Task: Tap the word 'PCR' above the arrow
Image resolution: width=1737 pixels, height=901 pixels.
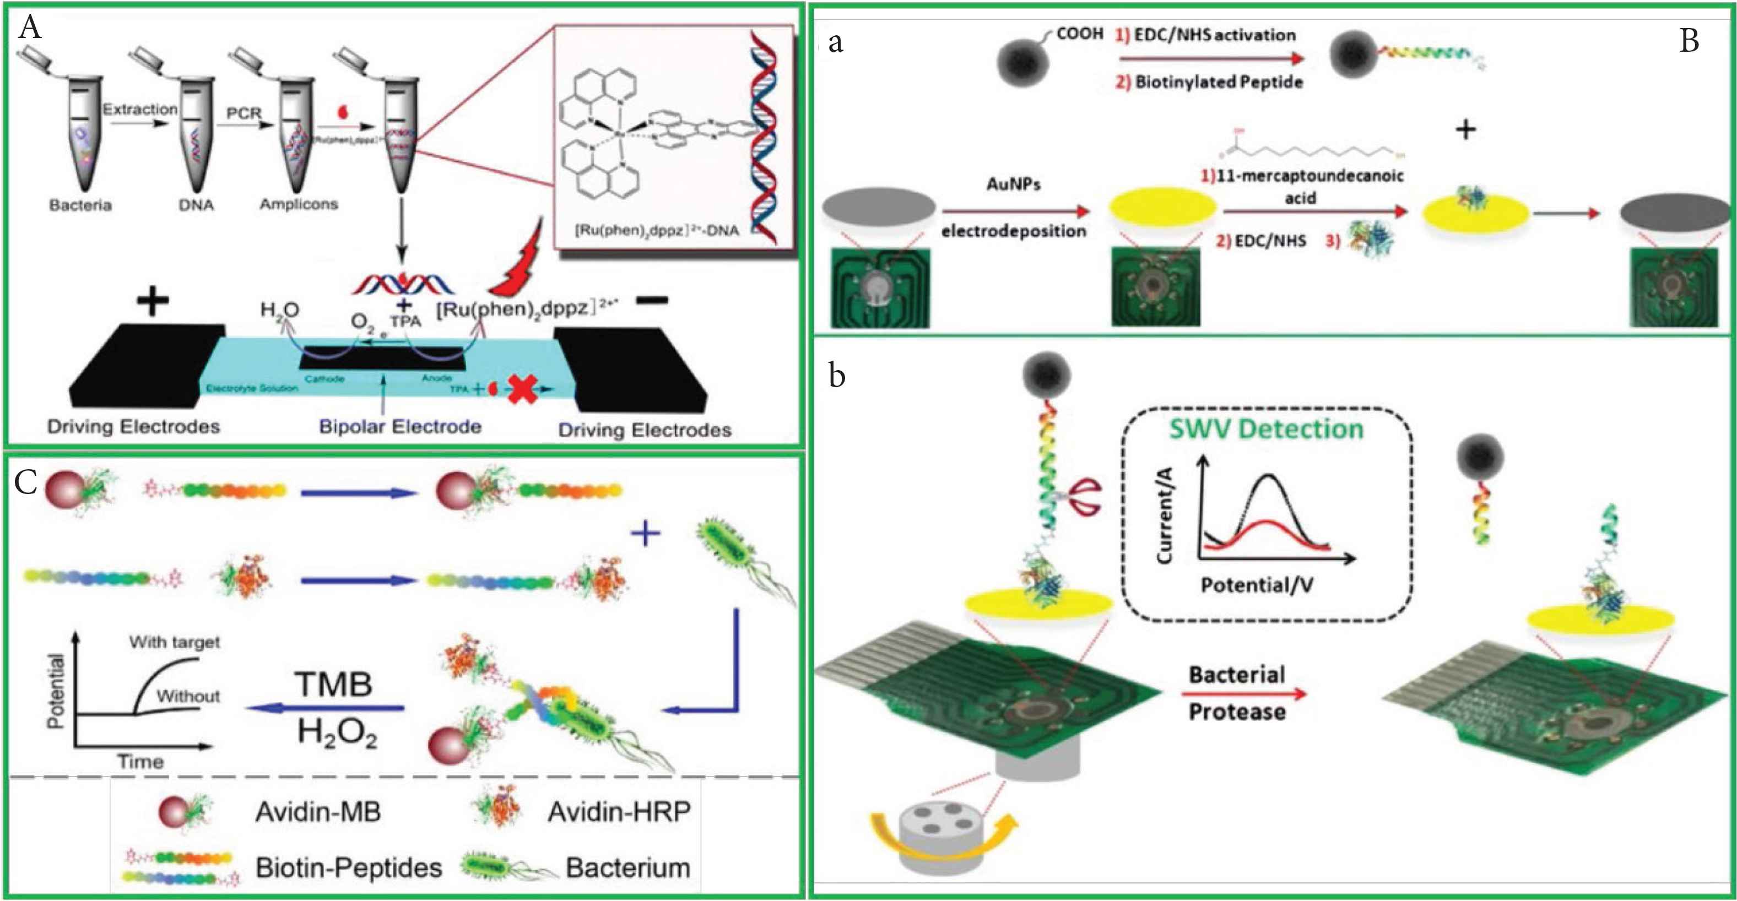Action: [243, 113]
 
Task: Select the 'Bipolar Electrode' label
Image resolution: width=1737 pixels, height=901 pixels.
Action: [400, 427]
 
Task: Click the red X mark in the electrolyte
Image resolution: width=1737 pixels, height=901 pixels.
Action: [523, 389]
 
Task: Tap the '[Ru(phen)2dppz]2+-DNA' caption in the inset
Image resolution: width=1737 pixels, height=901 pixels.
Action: [656, 230]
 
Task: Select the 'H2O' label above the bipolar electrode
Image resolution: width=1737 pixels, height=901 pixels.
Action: [280, 310]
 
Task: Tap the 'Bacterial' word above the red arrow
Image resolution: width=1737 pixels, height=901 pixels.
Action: [1237, 675]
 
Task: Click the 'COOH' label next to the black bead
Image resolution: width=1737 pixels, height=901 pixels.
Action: [1080, 34]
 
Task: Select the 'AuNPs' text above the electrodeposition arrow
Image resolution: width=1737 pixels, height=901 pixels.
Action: [1014, 184]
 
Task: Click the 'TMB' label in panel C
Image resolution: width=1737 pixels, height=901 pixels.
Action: [334, 685]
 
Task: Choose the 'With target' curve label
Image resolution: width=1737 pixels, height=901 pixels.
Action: [175, 642]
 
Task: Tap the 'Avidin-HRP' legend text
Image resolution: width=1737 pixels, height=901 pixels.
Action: [618, 812]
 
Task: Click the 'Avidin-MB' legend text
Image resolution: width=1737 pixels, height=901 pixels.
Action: [317, 812]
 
